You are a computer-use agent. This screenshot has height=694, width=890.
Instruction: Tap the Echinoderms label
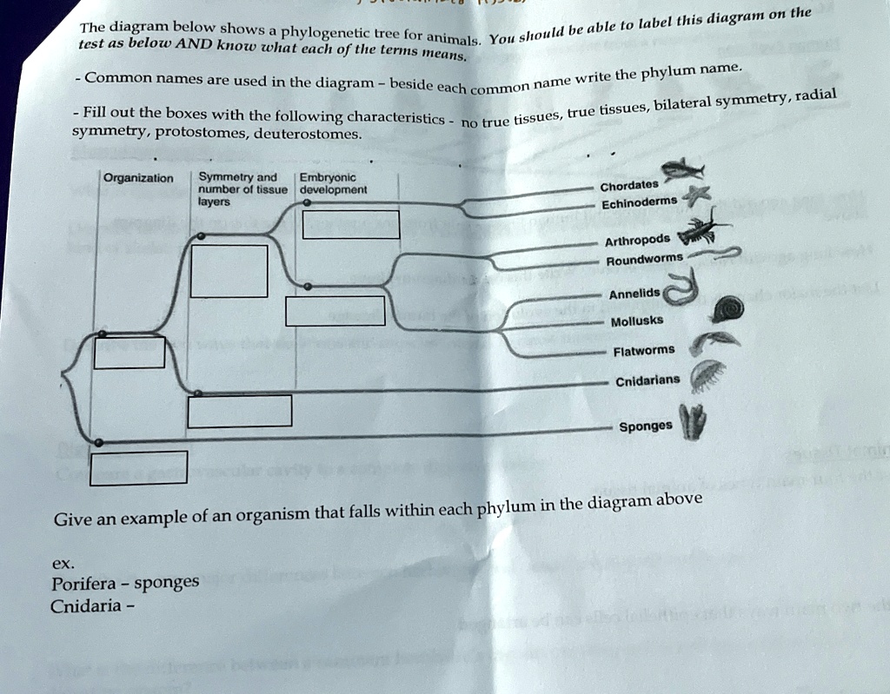(639, 202)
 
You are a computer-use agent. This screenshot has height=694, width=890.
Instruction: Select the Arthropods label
(637, 241)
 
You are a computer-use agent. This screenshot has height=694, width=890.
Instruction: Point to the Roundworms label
(644, 260)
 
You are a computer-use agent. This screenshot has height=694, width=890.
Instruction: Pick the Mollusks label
(637, 321)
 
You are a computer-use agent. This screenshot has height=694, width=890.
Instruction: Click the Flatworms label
(643, 351)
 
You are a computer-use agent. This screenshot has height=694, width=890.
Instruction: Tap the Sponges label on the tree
(645, 426)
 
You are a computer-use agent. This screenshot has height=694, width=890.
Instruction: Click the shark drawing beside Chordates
(683, 169)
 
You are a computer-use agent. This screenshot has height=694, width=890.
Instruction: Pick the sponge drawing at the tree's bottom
(693, 423)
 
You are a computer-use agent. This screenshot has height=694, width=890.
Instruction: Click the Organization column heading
(138, 178)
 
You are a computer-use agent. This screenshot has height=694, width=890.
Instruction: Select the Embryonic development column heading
(332, 183)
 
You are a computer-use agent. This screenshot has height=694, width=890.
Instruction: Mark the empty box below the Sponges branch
(138, 467)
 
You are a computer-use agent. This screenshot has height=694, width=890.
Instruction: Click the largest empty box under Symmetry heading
(229, 271)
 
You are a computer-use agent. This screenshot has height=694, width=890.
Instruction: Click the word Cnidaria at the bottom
(86, 606)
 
